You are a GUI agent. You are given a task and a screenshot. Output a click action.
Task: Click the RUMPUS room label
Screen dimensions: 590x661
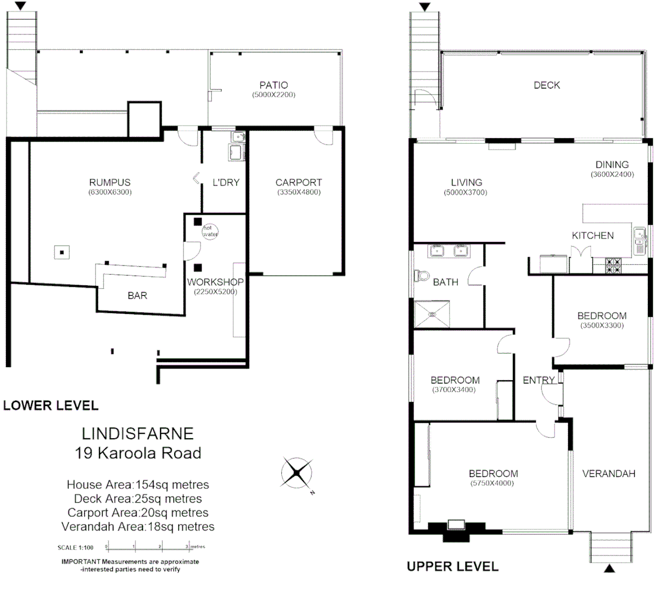coord(110,182)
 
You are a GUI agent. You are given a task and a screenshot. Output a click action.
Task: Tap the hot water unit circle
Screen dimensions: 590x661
coord(210,231)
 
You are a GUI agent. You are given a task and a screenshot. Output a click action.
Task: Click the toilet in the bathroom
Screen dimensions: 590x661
coord(421,275)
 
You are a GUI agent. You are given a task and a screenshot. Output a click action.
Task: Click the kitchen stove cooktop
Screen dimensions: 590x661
coord(613,265)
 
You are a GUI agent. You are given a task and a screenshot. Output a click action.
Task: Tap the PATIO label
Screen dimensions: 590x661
coord(274,85)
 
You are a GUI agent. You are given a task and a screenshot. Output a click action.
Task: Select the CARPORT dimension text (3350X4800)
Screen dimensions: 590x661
coord(298,192)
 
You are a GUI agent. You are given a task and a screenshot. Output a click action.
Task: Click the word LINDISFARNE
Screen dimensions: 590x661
coord(138,434)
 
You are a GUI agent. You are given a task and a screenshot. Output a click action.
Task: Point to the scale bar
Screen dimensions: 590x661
coord(147,547)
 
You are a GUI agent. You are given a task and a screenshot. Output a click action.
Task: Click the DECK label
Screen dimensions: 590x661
coord(546,85)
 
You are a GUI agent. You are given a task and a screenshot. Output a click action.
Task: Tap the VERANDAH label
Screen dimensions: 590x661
coord(609,474)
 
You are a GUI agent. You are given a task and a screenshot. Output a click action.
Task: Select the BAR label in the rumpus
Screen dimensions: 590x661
coord(137,296)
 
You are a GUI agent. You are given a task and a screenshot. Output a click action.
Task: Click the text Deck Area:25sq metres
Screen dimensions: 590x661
coord(138,499)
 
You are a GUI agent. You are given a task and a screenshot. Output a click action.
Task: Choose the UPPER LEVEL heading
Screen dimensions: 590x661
coord(452,567)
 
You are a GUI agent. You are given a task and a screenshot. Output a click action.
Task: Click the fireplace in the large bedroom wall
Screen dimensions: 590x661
coord(456,527)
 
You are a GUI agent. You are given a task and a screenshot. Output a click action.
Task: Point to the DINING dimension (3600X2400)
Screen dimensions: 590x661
coord(612,175)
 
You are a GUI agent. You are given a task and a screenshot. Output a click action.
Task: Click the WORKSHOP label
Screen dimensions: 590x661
coord(215,282)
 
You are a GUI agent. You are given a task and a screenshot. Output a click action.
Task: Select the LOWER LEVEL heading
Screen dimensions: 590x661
coord(51,405)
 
